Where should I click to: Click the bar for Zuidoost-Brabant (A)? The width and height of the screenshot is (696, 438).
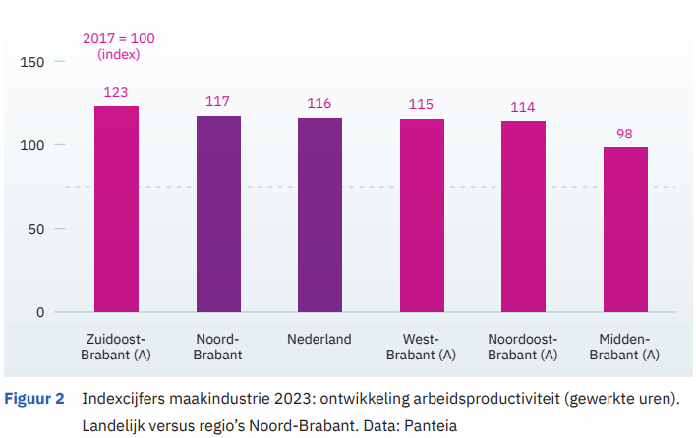[x=116, y=209]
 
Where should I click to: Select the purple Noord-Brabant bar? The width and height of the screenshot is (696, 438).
[x=218, y=214]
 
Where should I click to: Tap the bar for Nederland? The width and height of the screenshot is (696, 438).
[x=319, y=215]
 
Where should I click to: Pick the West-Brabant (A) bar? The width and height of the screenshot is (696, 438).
[x=422, y=216]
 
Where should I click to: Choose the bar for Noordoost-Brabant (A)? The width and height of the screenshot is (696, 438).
[x=523, y=217]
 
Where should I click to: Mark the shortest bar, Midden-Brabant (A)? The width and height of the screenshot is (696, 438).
[x=625, y=230]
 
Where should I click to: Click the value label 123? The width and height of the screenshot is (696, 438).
[x=116, y=93]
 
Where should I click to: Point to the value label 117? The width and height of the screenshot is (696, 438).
[x=218, y=102]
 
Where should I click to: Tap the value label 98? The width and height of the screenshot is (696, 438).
[x=625, y=134]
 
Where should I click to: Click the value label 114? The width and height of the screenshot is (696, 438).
[x=523, y=107]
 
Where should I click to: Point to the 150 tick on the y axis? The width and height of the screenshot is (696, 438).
[x=32, y=63]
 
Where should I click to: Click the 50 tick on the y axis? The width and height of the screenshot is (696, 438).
[x=36, y=230]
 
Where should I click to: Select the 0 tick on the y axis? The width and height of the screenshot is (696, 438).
[x=39, y=313]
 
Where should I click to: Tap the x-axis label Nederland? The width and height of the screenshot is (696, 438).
[x=319, y=340]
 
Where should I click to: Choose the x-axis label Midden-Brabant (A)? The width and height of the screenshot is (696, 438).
[x=625, y=347]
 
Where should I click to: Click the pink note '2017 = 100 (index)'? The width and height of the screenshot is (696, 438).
[x=119, y=47]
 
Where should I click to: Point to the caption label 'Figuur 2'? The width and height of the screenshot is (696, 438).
[x=35, y=399]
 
